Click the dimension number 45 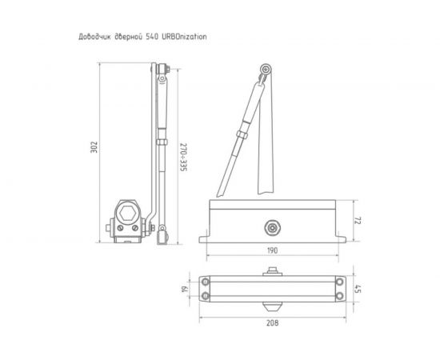pos(359,290)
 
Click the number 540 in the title pos(152,37)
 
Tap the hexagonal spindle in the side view pos(127,214)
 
